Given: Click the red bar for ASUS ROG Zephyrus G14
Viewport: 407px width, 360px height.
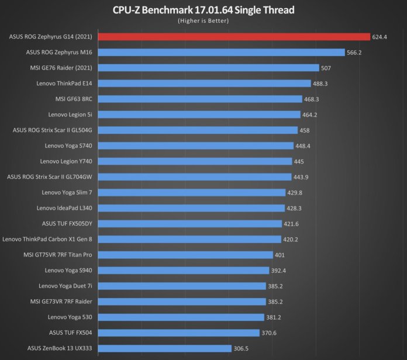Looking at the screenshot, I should coord(234,36).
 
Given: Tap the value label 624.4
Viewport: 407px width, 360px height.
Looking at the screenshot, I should coord(380,37).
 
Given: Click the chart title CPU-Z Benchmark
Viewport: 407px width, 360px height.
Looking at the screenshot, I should coord(203,9).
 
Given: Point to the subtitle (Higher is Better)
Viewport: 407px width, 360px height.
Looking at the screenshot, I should coord(203,20).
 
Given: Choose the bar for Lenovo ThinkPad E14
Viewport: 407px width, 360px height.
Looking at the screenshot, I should coord(204,84).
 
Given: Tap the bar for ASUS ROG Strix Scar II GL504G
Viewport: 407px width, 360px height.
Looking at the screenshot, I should coord(198,130).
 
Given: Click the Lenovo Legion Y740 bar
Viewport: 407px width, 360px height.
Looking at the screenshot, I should coord(195,161).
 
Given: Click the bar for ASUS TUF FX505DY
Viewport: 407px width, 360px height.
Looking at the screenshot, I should coord(189,224).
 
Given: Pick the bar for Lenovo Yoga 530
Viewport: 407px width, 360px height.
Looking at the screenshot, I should coord(181,317).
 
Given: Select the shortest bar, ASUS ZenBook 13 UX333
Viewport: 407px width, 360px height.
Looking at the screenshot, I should coord(164,349).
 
